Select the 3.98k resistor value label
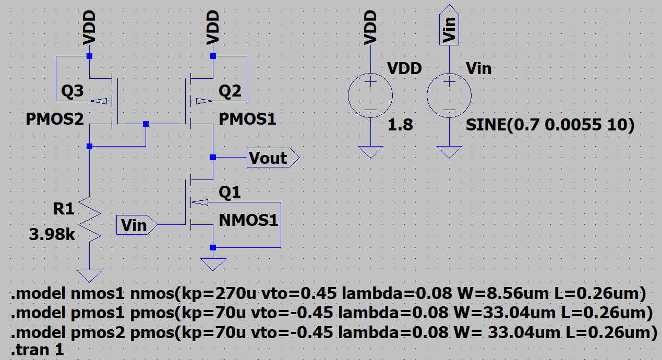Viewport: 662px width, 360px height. coord(52,235)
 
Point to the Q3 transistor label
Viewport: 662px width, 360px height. coord(72,92)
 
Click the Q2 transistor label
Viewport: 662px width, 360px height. coord(230,92)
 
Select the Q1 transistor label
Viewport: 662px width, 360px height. coord(230,193)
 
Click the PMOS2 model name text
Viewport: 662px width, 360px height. coord(55,119)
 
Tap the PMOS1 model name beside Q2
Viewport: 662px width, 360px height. coord(247,119)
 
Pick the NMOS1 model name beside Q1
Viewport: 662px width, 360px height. coord(248,220)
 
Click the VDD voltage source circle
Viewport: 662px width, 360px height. coord(370,95)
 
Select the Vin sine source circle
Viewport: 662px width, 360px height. coord(449,95)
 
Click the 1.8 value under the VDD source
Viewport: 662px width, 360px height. coord(400,125)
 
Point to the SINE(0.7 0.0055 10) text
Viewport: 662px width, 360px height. coord(550,126)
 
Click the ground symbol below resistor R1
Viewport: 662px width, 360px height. coord(90,274)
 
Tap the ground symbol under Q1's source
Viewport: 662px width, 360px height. coord(213,265)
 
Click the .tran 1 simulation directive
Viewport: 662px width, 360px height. coord(37,350)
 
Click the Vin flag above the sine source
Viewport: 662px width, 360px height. coord(449,26)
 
